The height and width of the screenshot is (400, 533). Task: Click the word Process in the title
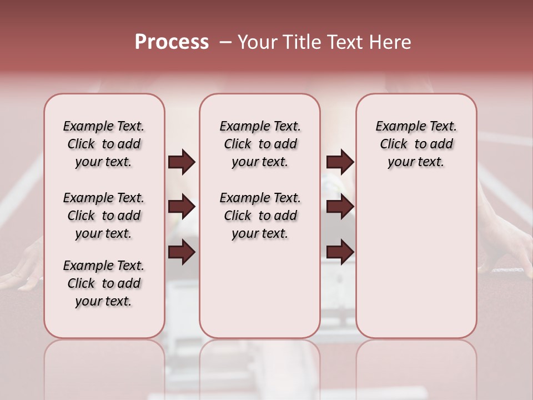172,42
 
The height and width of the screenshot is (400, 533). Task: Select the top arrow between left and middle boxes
182,162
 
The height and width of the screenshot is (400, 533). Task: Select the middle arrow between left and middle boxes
182,207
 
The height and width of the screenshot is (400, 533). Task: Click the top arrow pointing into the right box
340,162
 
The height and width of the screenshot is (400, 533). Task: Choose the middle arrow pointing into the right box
340,207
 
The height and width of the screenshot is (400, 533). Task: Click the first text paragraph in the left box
104,144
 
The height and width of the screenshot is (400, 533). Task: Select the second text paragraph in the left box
104,216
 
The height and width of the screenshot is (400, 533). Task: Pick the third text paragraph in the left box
104,283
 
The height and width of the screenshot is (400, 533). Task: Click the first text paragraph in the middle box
260,144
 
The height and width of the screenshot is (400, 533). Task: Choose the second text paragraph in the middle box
260,216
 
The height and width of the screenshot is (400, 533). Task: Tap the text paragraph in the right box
416,144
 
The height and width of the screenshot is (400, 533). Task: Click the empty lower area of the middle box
260,289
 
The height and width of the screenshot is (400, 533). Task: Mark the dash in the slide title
225,42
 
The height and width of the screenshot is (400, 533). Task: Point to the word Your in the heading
257,42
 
